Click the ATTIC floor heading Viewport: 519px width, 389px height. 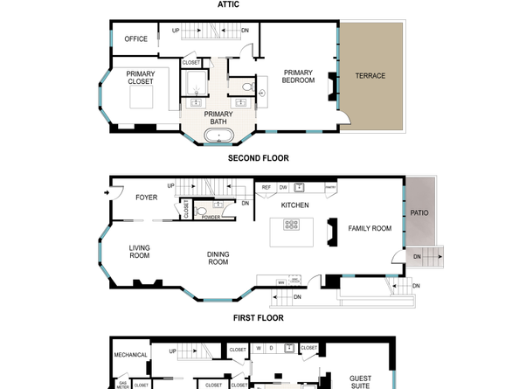(x=228, y=4)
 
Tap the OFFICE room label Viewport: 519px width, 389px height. (x=135, y=39)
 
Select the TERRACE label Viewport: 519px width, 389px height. (x=370, y=76)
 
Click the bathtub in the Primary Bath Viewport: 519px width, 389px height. (x=218, y=136)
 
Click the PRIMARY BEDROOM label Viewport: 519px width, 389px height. (x=297, y=76)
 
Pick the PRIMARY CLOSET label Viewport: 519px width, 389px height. (x=140, y=78)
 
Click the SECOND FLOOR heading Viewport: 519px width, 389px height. (x=258, y=158)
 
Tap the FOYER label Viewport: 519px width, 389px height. (x=146, y=198)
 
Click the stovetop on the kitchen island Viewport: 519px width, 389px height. (x=292, y=225)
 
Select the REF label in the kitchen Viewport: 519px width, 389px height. (x=266, y=187)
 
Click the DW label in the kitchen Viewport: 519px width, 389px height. (x=283, y=187)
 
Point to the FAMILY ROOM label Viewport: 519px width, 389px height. (x=370, y=228)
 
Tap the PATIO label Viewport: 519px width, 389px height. (x=419, y=212)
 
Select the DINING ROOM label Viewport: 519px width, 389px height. (x=218, y=258)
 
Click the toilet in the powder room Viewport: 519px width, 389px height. (x=202, y=212)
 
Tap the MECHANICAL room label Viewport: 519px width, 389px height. (x=131, y=355)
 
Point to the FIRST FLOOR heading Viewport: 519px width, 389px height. (x=258, y=319)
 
